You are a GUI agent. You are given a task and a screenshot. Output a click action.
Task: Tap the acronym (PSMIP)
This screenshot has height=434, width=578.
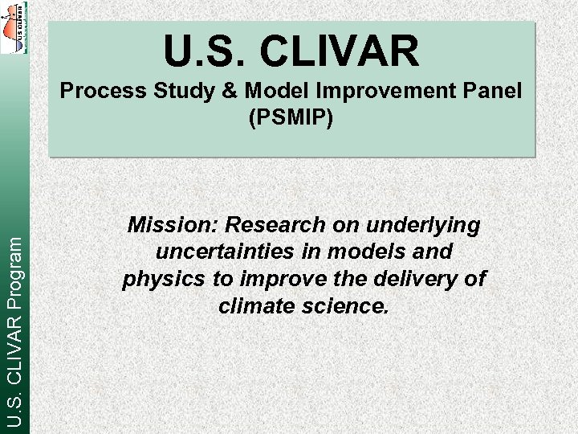click(291, 117)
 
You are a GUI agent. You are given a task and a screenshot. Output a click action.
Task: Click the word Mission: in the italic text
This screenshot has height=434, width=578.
click(173, 225)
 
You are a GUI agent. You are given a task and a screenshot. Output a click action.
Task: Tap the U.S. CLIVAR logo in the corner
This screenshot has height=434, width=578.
click(14, 27)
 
